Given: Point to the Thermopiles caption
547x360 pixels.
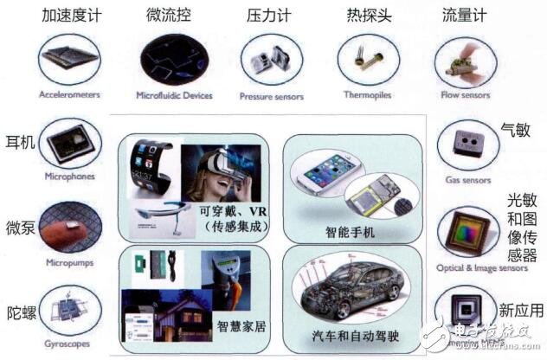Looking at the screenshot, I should (370, 96).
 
